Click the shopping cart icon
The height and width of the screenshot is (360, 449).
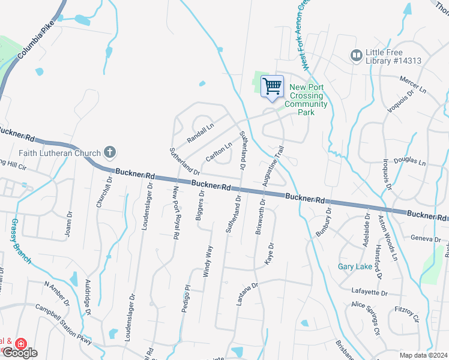[272, 86]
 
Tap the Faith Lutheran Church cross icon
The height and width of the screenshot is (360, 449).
[109, 152]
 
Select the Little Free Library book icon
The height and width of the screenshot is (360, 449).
[356, 55]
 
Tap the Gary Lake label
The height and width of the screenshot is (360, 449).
[355, 266]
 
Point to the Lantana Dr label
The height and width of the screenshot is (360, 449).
[247, 294]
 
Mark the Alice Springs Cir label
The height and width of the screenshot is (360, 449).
[366, 317]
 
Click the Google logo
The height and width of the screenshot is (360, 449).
[20, 353]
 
